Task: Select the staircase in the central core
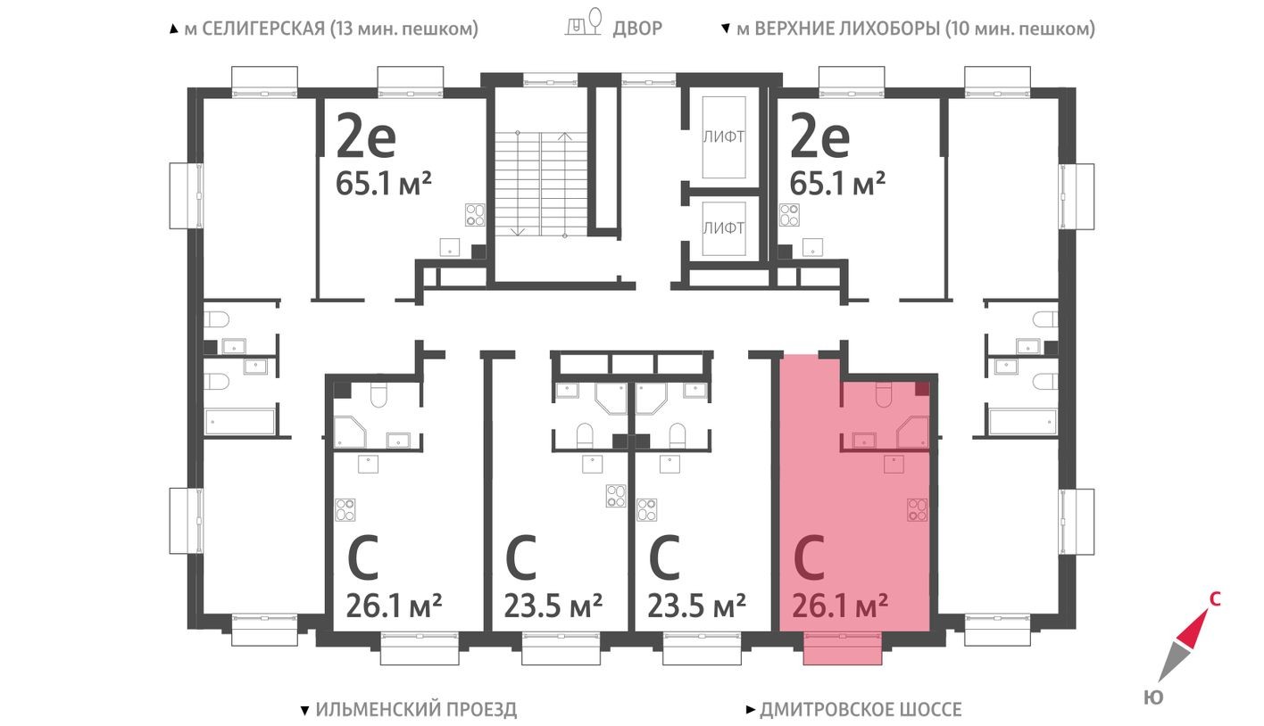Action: [540, 183]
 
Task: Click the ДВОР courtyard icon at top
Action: [586, 24]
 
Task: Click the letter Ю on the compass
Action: [1152, 697]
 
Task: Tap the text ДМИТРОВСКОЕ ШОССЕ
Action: [861, 710]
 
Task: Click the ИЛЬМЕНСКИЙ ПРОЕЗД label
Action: [416, 710]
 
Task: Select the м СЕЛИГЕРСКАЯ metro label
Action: [331, 29]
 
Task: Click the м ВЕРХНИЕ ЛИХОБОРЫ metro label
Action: [915, 29]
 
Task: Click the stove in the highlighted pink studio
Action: [917, 509]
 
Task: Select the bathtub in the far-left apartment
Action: [239, 422]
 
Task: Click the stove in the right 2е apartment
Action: [790, 214]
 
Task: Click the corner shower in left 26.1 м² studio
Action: [351, 432]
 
